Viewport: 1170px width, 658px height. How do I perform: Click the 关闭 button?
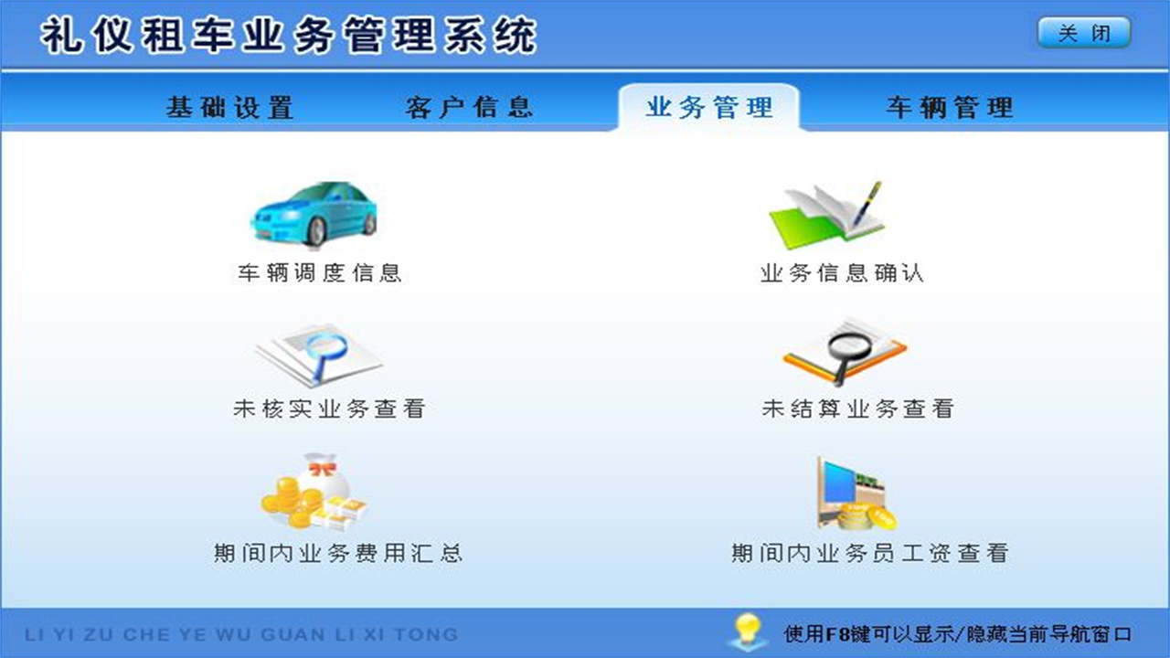(x=1084, y=33)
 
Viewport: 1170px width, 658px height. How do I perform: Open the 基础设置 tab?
(x=229, y=107)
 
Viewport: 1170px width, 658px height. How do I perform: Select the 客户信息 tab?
(x=469, y=107)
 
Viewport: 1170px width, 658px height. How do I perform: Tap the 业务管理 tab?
(x=709, y=107)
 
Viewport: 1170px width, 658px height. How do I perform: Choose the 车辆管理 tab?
(x=950, y=107)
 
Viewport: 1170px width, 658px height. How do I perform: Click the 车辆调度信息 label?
(x=320, y=273)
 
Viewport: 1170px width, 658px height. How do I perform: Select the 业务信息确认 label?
(x=842, y=273)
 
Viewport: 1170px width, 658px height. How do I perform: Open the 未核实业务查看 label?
(x=329, y=409)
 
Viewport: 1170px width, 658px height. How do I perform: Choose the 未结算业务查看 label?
(x=857, y=409)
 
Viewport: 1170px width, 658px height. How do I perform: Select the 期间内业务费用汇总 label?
(x=337, y=553)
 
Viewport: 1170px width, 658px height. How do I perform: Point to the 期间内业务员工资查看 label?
(x=869, y=553)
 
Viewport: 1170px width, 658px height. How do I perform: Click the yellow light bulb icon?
(x=747, y=631)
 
